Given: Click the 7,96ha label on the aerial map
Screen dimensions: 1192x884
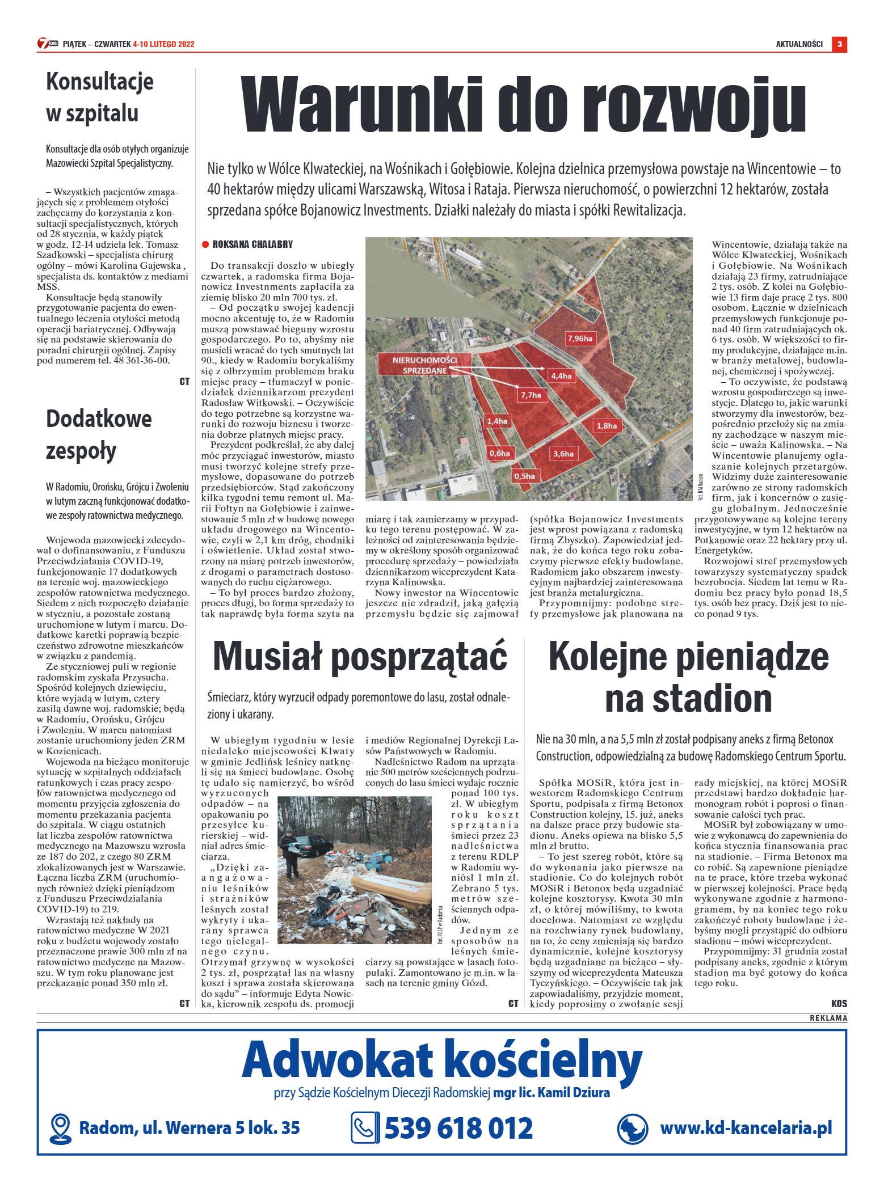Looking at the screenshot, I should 579,339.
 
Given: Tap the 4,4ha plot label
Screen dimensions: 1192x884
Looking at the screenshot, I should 561,375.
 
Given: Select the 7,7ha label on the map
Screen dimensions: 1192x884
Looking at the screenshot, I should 531,395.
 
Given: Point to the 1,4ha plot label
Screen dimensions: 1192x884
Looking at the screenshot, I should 497,421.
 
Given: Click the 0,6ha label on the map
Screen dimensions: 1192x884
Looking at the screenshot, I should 499,453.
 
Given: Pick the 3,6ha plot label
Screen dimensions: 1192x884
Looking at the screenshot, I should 563,453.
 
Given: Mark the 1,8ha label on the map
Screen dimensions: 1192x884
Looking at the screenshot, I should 606,425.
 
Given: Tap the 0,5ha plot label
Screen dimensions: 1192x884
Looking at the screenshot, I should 524,476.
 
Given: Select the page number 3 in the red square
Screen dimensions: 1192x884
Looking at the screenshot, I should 839,44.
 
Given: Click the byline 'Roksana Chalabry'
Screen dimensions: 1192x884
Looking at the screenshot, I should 252,244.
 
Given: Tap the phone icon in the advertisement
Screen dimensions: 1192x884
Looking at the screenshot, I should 365,1127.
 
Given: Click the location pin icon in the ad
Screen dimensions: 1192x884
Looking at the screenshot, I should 60,1128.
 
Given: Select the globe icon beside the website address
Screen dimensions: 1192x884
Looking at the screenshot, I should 632,1128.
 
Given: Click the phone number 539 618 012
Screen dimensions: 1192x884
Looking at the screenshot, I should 458,1128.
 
